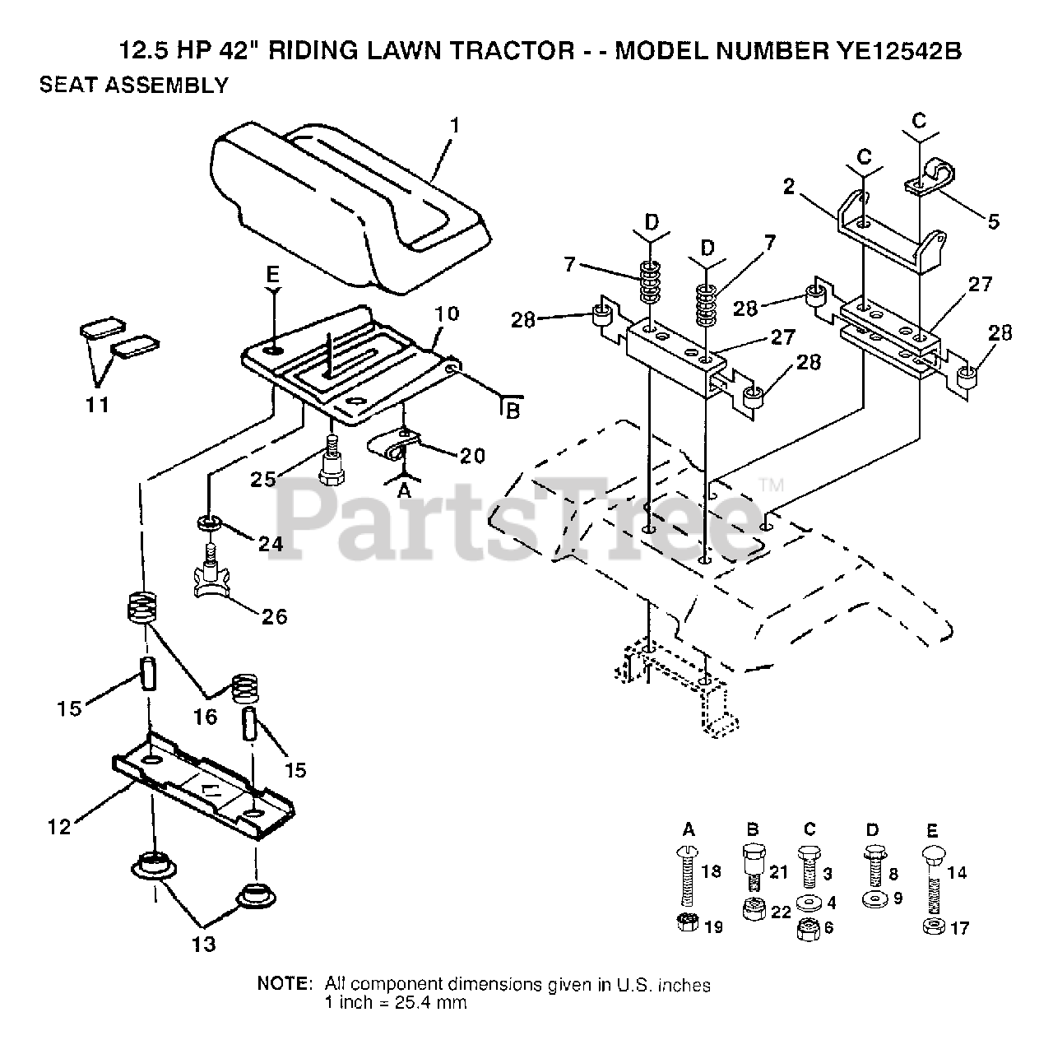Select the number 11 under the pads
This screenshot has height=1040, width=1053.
(x=97, y=404)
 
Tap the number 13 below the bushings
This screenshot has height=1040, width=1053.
(x=204, y=943)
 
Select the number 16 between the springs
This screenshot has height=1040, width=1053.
(x=205, y=717)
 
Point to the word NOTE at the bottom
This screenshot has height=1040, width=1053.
(x=285, y=984)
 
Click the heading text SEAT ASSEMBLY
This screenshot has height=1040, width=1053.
(x=134, y=85)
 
